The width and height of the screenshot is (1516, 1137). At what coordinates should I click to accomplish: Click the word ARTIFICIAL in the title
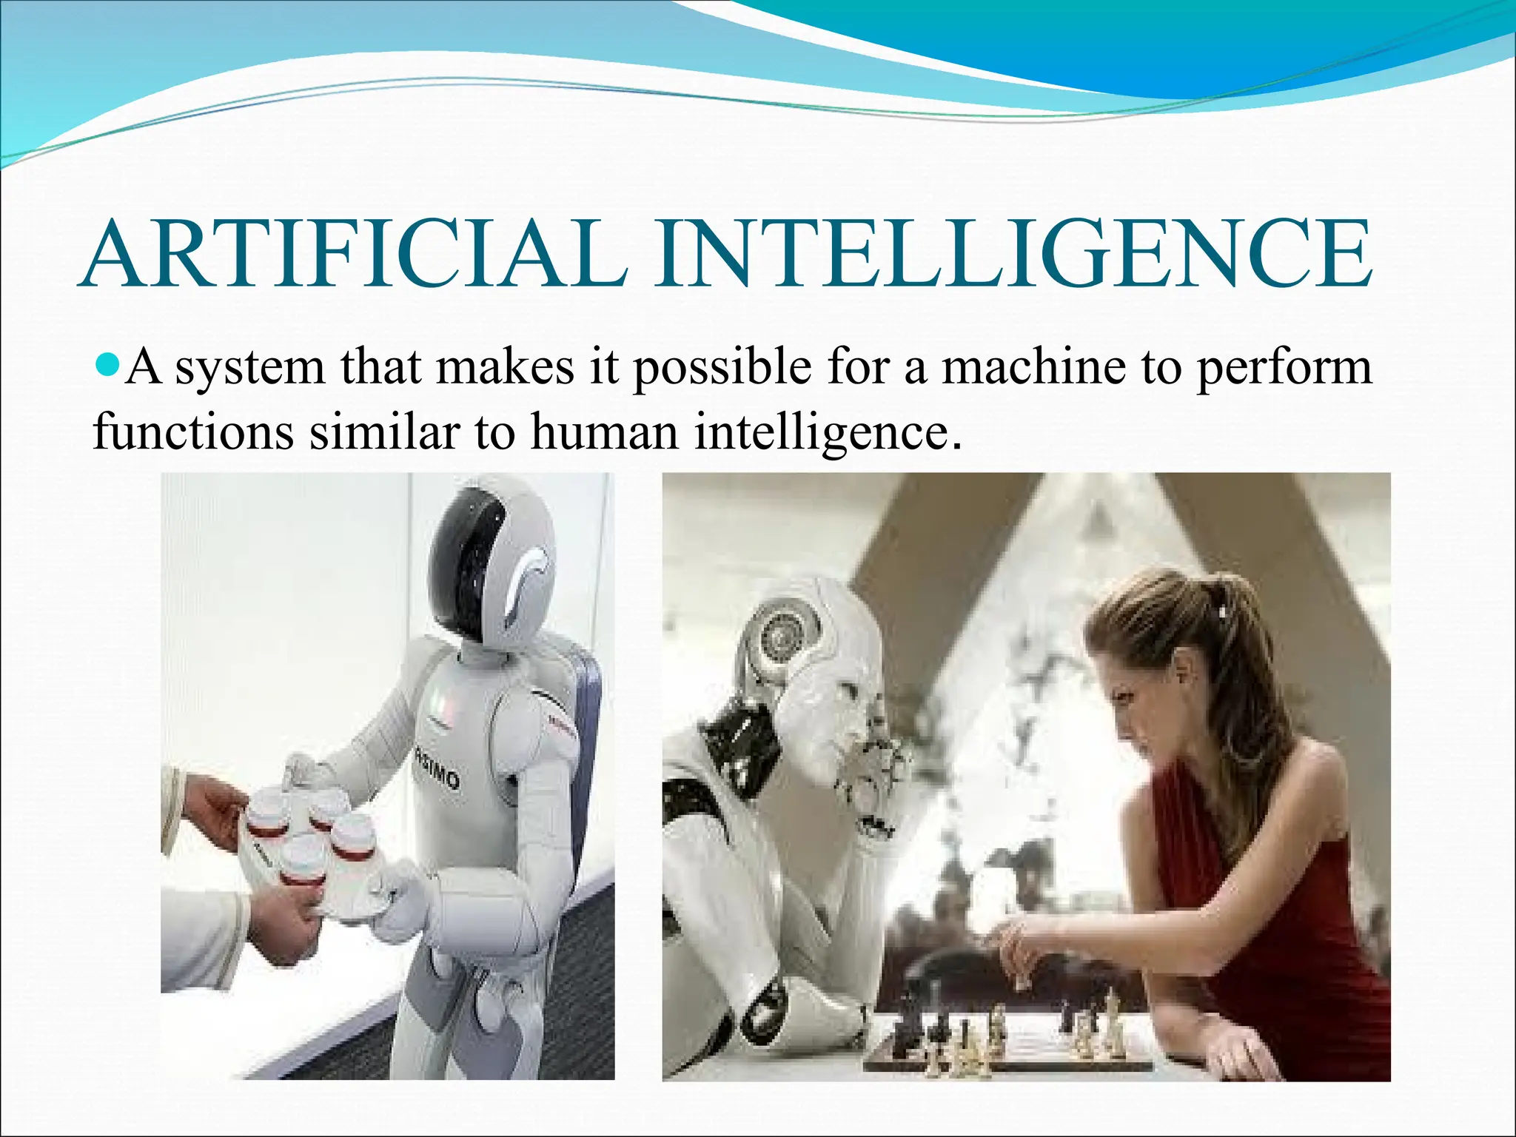[x=355, y=253]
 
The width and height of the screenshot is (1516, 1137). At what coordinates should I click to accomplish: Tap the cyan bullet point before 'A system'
[x=108, y=363]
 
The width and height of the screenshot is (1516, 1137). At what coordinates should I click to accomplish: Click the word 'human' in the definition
[x=604, y=432]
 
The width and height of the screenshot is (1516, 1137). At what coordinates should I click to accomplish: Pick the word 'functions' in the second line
[x=194, y=432]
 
